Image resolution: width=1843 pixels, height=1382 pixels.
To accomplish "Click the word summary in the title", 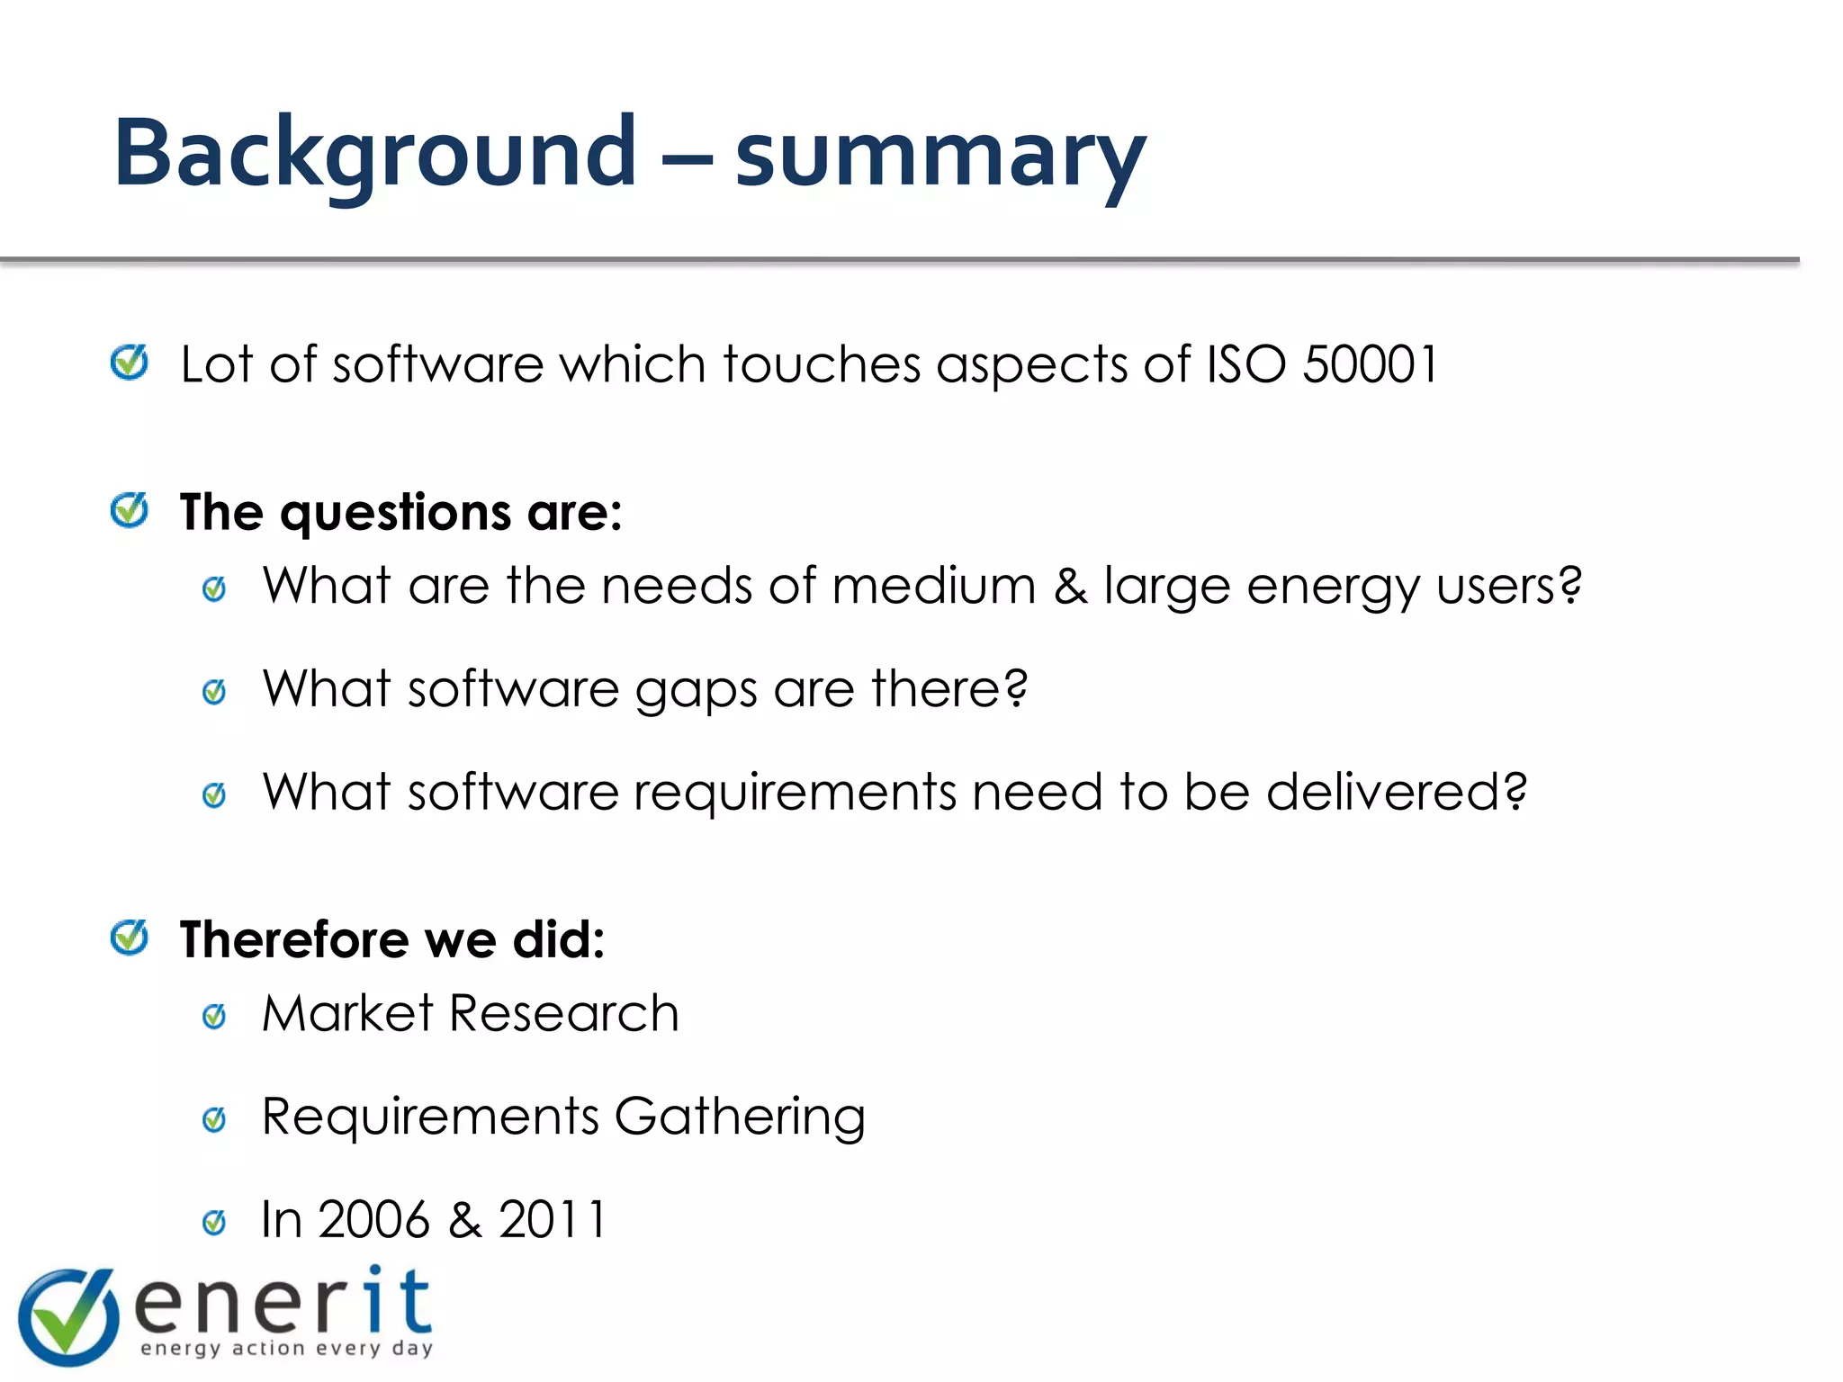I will [x=939, y=157].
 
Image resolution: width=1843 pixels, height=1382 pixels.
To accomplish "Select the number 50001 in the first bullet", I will [x=1371, y=364].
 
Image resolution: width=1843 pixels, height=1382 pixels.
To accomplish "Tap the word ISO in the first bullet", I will [x=1246, y=364].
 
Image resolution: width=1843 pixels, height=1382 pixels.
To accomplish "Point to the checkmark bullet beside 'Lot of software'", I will [x=130, y=363].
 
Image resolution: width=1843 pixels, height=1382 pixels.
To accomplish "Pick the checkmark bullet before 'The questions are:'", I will [x=130, y=511].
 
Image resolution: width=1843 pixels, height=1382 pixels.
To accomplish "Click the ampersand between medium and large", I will [x=1070, y=586].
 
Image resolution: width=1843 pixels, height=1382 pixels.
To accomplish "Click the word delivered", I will [x=1396, y=792].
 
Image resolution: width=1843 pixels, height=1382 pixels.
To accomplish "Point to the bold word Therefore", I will [x=294, y=939].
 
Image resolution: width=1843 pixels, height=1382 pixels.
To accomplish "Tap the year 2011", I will [x=553, y=1220].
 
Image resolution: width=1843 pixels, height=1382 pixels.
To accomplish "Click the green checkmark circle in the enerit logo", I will [x=68, y=1316].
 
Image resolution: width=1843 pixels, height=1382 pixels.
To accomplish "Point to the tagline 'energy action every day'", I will [x=287, y=1348].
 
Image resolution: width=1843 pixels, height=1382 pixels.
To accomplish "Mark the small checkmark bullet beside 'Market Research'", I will [x=214, y=1017].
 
